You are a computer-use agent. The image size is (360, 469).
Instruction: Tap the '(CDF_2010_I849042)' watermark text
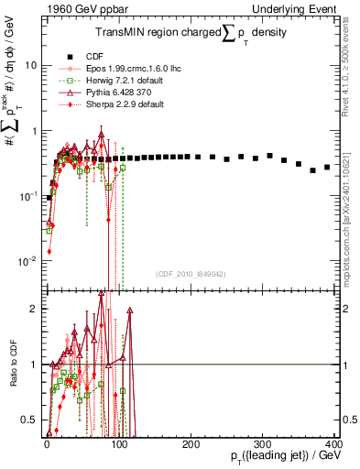coord(190,273)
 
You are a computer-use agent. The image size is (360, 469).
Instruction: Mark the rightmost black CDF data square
coord(327,167)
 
